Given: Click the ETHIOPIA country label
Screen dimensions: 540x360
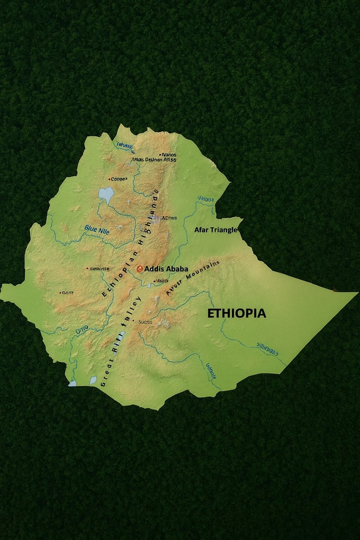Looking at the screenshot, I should click(236, 313).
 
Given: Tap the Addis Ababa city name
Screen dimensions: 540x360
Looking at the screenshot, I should click(166, 268).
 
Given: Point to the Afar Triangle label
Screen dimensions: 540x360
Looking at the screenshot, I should click(215, 229).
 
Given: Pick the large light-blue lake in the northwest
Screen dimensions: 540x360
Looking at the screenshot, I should click(106, 193).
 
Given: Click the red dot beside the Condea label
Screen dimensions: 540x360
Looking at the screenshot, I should click(109, 179).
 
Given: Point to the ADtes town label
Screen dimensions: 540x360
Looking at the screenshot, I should click(169, 218).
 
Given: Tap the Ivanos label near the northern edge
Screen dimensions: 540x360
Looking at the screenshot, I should click(168, 155).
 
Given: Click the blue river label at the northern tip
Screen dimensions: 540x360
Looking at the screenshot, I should click(124, 145).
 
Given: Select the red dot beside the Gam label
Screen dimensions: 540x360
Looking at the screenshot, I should click(60, 292).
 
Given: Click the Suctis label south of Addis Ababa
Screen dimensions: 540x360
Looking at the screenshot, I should click(145, 321).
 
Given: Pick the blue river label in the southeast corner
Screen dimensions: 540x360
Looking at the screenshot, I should click(267, 348).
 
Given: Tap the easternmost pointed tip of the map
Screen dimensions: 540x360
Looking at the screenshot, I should click(356, 293).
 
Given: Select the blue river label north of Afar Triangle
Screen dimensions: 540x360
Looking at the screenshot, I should click(205, 198).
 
